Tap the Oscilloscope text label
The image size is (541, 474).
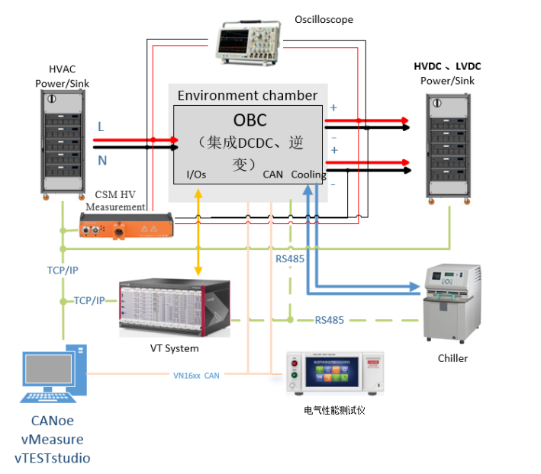pyautogui.click(x=324, y=20)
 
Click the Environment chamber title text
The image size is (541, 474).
pyautogui.click(x=247, y=95)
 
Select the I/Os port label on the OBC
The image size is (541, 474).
pyautogui.click(x=196, y=175)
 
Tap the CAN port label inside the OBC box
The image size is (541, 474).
pyautogui.click(x=272, y=175)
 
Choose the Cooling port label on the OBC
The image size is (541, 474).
pyautogui.click(x=308, y=175)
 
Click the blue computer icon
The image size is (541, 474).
pyautogui.click(x=54, y=374)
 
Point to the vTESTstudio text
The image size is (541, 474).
pyautogui.click(x=53, y=457)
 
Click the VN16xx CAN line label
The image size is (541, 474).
pyautogui.click(x=196, y=374)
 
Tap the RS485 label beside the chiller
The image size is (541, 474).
pyautogui.click(x=329, y=320)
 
